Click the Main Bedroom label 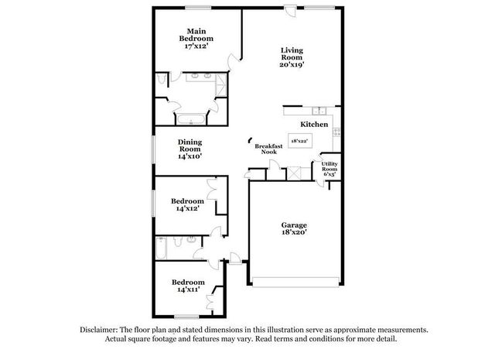tap(196, 38)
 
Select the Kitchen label tap(314, 124)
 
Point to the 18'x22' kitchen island tap(299, 141)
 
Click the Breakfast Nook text tap(268, 149)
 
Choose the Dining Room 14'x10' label tap(189, 149)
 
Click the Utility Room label tap(329, 169)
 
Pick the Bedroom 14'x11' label tap(188, 286)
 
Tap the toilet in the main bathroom tap(161, 81)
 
